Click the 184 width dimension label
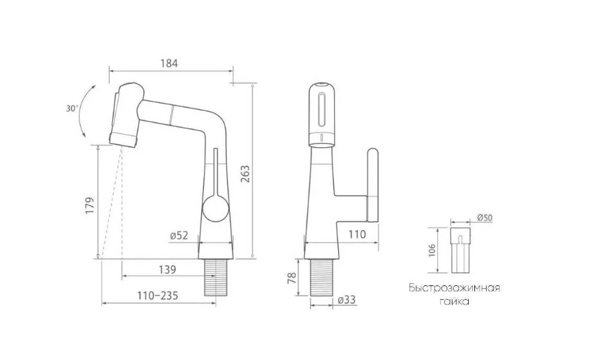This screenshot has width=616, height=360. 169,64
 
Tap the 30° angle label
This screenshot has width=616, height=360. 71,108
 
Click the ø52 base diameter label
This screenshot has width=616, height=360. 179,235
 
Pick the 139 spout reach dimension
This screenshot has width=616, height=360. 166,269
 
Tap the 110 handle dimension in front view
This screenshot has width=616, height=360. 358,234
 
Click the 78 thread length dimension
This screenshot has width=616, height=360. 292,279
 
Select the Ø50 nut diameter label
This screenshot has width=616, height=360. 484,218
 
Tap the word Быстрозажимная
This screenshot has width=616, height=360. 454,287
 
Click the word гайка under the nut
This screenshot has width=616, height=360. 454,300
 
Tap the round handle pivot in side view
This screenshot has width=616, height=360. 215,206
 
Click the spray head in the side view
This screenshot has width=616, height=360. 127,113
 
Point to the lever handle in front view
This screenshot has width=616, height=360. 373,185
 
